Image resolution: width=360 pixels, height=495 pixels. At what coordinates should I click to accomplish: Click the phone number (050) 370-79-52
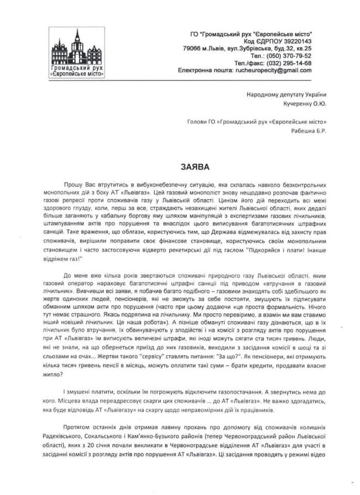(x=304, y=56)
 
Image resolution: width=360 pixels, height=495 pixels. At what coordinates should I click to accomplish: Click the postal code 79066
(x=202, y=49)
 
